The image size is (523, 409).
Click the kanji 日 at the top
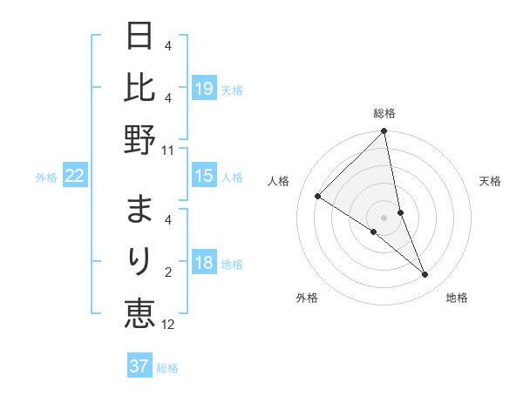point(139,37)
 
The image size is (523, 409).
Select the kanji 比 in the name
point(139,88)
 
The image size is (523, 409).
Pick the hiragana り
point(139,261)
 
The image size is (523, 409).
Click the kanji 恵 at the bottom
point(139,312)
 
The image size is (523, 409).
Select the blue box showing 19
point(204,89)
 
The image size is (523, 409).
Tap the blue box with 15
point(204,177)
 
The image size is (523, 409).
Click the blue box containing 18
point(204,264)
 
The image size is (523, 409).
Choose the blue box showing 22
point(75,177)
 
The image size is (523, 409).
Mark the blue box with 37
point(139,367)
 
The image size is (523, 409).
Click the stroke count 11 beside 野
point(168,150)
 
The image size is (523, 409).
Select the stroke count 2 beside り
point(168,272)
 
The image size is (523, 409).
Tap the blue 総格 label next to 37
point(167,368)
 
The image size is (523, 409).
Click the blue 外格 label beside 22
point(46,178)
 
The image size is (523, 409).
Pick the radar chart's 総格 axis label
point(384,113)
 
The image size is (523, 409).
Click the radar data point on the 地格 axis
point(425,275)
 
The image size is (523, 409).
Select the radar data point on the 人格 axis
point(318,197)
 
